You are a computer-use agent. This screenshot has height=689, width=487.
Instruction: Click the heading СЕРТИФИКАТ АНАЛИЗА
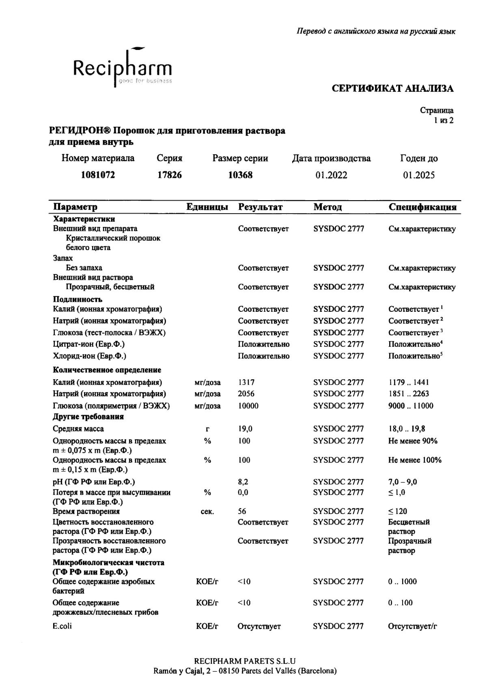point(392,89)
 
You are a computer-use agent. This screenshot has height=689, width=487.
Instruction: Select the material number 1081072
point(98,175)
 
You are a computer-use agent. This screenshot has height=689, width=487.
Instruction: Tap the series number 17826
point(170,175)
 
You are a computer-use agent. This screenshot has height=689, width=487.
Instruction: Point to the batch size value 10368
point(240,175)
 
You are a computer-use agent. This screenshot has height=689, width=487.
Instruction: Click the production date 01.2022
point(331,175)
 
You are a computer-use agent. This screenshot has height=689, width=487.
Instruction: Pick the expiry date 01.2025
point(419,175)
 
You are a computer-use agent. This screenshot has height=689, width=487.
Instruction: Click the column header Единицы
point(207,207)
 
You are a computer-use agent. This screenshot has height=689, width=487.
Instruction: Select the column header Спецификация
point(422,207)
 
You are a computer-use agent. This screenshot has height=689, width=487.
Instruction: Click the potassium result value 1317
point(246,382)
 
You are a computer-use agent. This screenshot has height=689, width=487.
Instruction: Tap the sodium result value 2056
point(247,393)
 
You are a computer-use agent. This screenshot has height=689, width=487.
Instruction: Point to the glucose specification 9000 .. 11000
point(411,406)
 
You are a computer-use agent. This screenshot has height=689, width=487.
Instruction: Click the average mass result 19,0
point(245,429)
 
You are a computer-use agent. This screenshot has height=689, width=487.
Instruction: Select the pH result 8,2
point(243,482)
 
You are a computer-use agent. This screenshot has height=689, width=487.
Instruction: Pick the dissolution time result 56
point(242,511)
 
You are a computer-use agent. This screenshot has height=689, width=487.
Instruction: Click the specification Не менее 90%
point(413,441)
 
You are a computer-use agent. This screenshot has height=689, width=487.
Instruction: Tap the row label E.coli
point(62,626)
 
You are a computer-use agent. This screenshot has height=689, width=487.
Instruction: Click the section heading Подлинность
point(78,300)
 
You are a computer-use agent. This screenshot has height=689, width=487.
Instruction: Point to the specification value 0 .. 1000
point(402,581)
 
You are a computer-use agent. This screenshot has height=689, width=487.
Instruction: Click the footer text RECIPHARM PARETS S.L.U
point(245,661)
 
